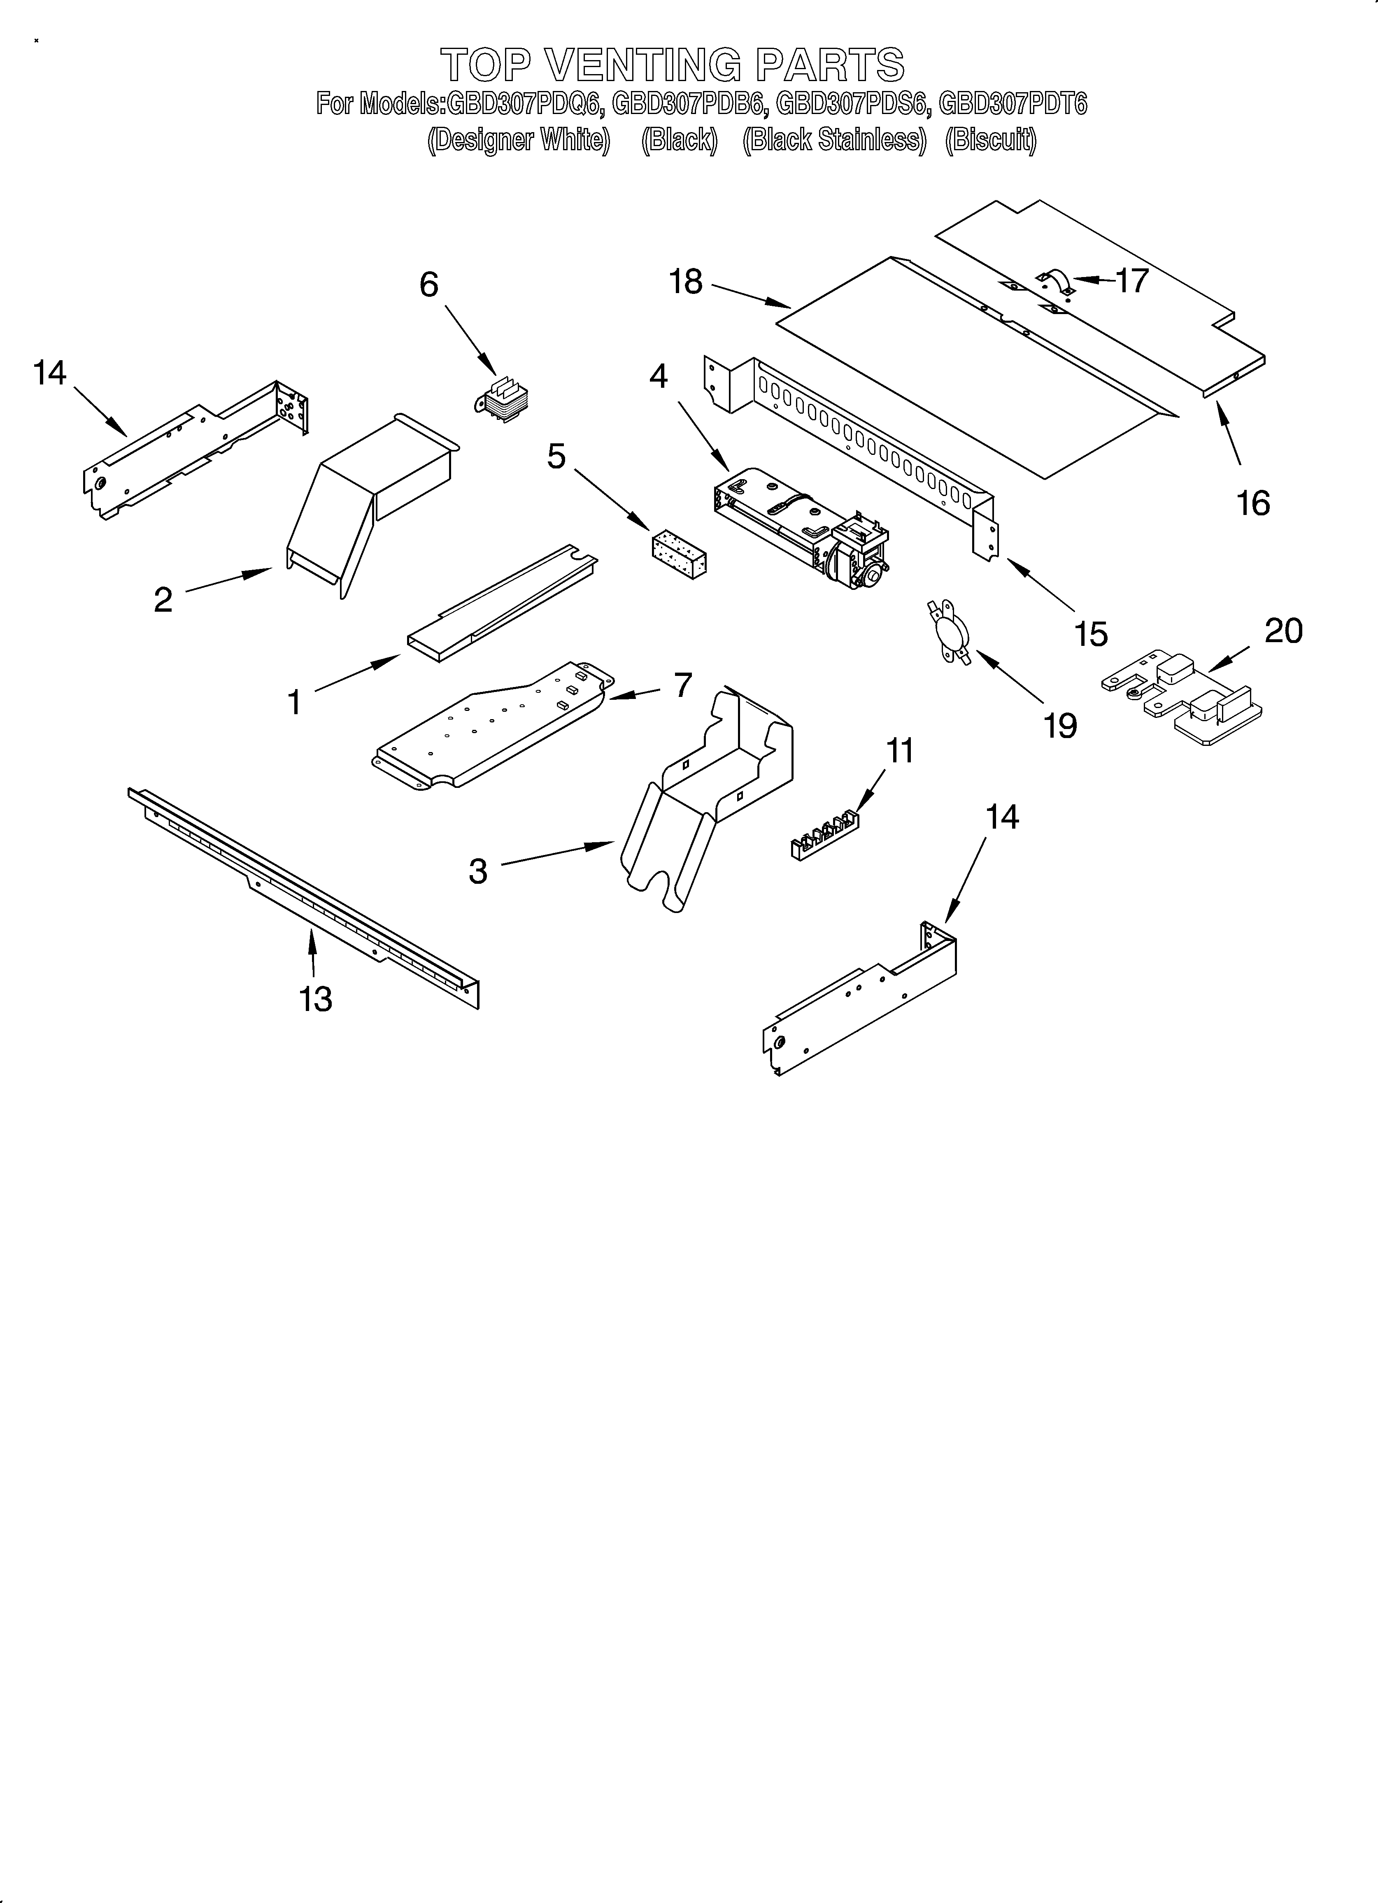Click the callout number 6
coord(429,285)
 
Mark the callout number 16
coord(1253,503)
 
